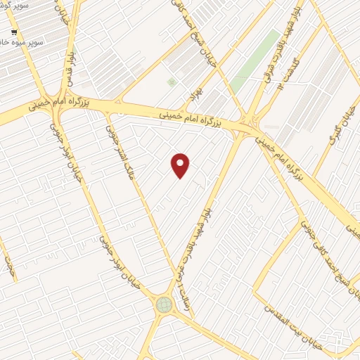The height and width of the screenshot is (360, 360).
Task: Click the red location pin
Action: click(x=181, y=165)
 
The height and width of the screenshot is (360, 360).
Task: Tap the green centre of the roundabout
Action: click(x=164, y=304)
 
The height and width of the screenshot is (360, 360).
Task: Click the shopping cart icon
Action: click(x=15, y=32)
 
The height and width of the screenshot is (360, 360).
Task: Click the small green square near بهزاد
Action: click(x=172, y=82)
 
